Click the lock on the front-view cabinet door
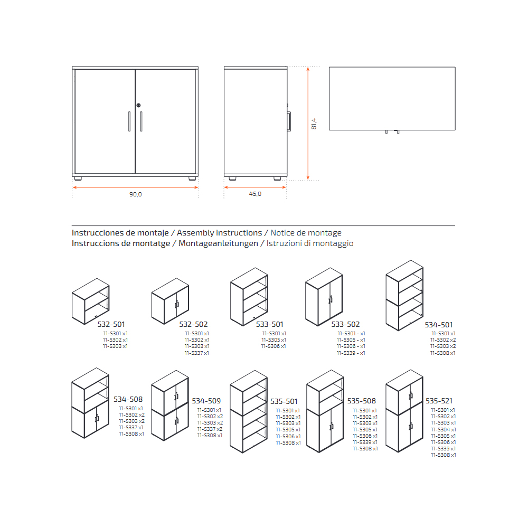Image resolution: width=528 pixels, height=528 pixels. click(138, 106)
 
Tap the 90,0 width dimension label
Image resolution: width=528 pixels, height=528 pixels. click(135, 194)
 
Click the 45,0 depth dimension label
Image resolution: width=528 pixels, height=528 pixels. click(255, 194)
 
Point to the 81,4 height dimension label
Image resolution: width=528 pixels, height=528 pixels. click(314, 124)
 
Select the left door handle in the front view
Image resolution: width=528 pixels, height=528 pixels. click(129, 121)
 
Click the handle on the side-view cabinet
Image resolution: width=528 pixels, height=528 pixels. click(289, 121)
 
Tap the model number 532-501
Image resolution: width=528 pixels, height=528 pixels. click(111, 324)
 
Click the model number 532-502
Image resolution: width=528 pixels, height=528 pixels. click(193, 324)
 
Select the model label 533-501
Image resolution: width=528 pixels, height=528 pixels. click(269, 324)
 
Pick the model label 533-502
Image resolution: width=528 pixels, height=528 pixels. click(345, 324)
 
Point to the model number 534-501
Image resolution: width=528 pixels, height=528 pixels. click(438, 325)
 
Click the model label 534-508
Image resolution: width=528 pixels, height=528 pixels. click(128, 399)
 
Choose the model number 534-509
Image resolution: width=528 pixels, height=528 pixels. click(206, 401)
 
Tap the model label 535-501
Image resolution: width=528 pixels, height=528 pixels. click(284, 401)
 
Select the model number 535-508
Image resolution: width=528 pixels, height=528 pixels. click(361, 401)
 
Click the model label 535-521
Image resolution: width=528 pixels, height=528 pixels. click(439, 401)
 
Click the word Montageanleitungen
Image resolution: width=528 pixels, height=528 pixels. click(218, 243)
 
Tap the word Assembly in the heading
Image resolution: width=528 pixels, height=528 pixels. click(195, 233)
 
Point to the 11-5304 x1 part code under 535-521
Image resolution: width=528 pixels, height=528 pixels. click(444, 430)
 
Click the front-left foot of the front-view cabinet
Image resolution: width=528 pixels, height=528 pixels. click(78, 178)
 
